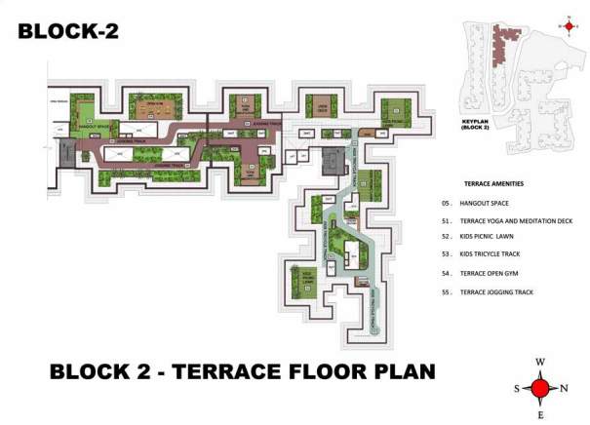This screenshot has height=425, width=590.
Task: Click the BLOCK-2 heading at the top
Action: (x=68, y=30)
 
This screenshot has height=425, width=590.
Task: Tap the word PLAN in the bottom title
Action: (x=395, y=371)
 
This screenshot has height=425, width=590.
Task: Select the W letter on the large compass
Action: (x=539, y=364)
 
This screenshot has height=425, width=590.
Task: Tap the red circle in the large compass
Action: (x=539, y=389)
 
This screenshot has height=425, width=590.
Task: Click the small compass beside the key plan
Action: (x=570, y=26)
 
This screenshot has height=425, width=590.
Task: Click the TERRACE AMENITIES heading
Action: (x=494, y=183)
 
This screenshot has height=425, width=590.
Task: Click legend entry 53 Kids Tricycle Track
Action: (x=492, y=253)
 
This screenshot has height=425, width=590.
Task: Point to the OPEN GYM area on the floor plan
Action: (x=153, y=103)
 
